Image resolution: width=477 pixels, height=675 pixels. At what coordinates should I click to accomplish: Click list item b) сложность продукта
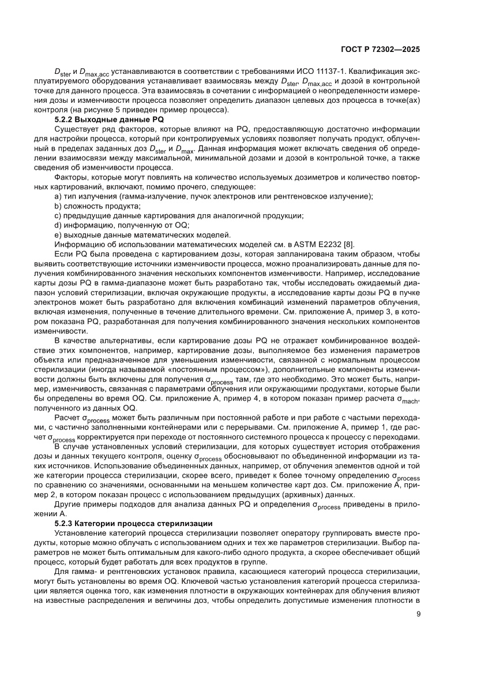tap(92, 206)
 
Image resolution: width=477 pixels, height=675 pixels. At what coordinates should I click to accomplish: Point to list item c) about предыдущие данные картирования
tap(179, 215)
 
